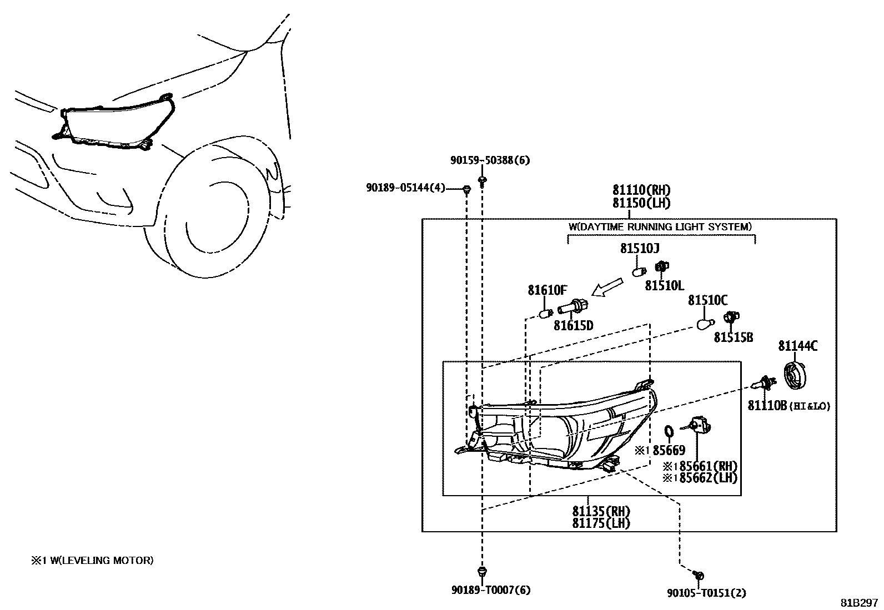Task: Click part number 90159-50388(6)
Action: click(x=489, y=161)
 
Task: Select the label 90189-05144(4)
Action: click(x=405, y=188)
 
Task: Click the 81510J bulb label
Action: click(x=640, y=249)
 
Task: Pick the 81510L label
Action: click(x=664, y=286)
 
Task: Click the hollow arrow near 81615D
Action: click(x=607, y=288)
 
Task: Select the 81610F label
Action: click(x=547, y=290)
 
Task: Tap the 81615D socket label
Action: click(x=573, y=326)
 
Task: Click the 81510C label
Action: click(x=707, y=300)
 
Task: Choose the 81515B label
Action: click(x=733, y=337)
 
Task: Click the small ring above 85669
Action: click(x=669, y=431)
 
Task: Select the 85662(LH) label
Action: click(x=704, y=477)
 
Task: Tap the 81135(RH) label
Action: click(x=601, y=511)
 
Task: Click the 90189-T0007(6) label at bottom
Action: click(x=490, y=591)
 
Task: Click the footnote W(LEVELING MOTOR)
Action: click(x=92, y=561)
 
